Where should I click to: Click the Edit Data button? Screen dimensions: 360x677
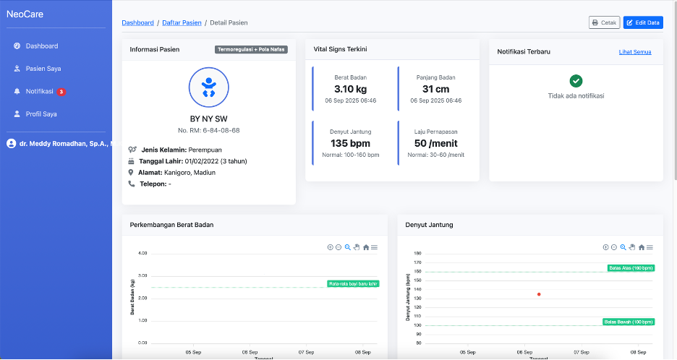point(643,22)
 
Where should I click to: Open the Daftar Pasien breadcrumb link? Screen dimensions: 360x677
point(182,22)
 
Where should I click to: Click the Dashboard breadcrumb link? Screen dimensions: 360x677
point(137,22)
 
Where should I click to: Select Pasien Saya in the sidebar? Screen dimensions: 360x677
point(43,69)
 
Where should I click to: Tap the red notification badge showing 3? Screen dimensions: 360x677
point(61,92)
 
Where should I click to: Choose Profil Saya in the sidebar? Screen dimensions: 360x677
point(41,114)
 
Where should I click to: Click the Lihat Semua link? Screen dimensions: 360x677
point(635,52)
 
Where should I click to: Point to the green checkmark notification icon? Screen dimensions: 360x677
point(576,81)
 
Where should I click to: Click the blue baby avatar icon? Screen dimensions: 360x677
point(208,87)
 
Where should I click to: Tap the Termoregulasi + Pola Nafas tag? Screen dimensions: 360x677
point(251,49)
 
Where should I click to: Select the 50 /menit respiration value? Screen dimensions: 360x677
point(435,143)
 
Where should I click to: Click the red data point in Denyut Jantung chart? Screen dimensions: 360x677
point(539,294)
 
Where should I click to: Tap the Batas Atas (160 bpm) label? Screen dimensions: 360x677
point(631,268)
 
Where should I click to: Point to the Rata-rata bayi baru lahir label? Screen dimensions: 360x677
point(353,283)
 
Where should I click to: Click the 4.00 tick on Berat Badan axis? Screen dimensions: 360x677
point(142,253)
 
